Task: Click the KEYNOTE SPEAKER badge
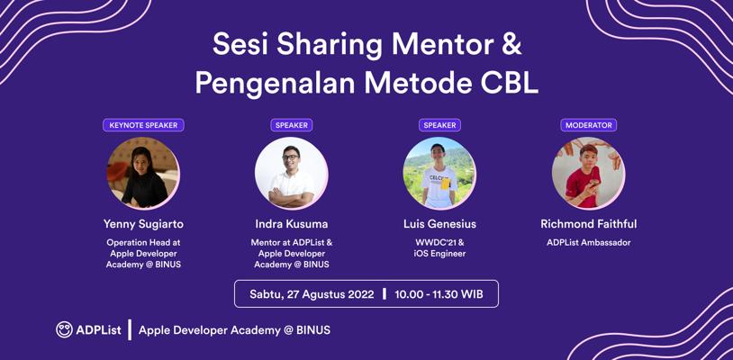(143, 125)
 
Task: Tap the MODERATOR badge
(589, 125)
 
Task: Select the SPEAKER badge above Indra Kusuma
(291, 125)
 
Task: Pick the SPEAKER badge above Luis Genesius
(439, 125)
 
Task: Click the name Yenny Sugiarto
(143, 225)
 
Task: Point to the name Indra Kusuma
(291, 224)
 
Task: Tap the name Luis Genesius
(439, 224)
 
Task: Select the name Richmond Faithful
(589, 224)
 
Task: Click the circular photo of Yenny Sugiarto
(143, 173)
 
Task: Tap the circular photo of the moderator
(589, 173)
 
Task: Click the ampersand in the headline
(511, 45)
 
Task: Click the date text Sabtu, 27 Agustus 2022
(312, 294)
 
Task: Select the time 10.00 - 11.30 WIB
(439, 294)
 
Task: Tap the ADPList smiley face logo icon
(64, 329)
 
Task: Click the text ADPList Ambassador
(589, 243)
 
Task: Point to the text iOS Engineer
(439, 254)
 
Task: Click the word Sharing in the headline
(331, 46)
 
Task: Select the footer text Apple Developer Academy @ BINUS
(235, 330)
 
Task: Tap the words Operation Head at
(143, 243)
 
